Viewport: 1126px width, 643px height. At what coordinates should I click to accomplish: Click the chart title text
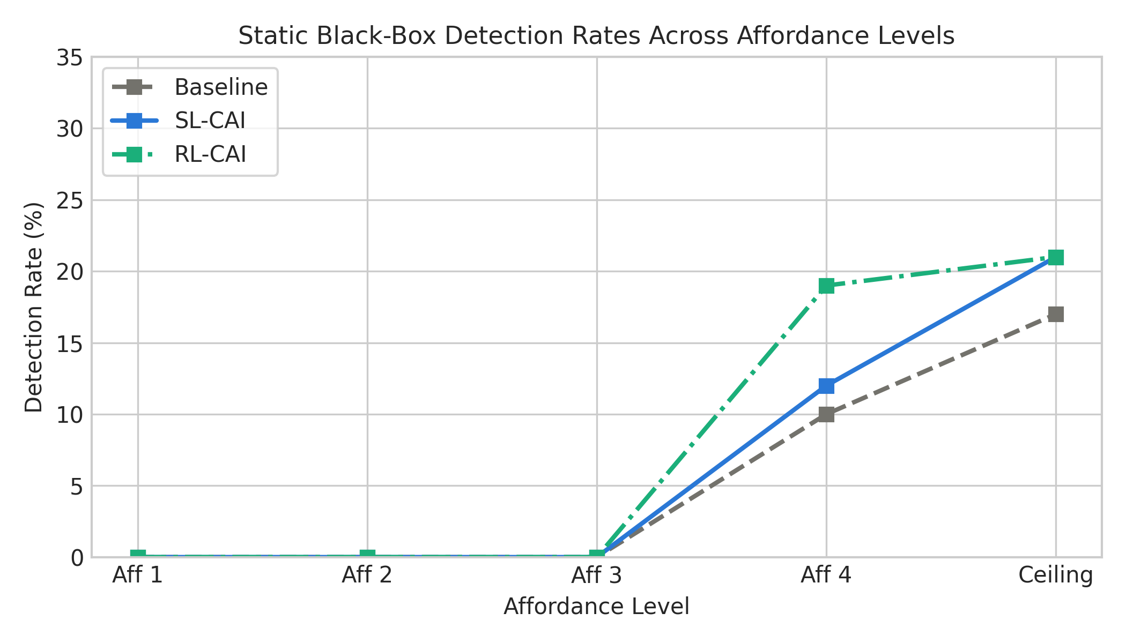coord(596,36)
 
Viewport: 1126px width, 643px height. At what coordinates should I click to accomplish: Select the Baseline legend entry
coord(190,87)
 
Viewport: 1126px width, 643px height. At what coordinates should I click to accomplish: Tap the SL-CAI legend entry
coord(179,121)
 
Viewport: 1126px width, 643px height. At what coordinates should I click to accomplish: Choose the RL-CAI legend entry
coord(179,154)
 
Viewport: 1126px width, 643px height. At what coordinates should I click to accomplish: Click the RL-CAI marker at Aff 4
coord(826,286)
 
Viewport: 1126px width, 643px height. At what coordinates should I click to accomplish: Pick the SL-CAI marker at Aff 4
coord(826,386)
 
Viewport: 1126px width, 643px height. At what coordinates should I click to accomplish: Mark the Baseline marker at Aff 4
coord(826,414)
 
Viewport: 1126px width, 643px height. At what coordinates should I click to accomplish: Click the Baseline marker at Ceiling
coord(1056,314)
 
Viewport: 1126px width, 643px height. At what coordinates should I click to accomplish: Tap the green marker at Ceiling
coord(1056,257)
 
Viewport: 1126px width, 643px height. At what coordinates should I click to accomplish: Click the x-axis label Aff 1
coord(138,575)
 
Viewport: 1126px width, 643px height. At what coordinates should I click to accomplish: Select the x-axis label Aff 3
coord(597,575)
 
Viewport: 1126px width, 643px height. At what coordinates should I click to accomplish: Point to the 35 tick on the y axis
coord(70,57)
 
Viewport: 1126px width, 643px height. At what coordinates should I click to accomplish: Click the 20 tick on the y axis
coord(70,272)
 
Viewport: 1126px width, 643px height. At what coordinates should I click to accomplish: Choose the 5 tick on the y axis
coord(77,486)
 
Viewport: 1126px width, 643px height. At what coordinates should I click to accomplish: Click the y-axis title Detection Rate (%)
coord(34,307)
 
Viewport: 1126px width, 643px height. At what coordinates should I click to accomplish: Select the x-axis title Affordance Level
coord(596,607)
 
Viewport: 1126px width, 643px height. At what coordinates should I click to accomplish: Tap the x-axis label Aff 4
coord(826,575)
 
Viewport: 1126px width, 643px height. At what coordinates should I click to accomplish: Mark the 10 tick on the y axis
coord(70,414)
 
